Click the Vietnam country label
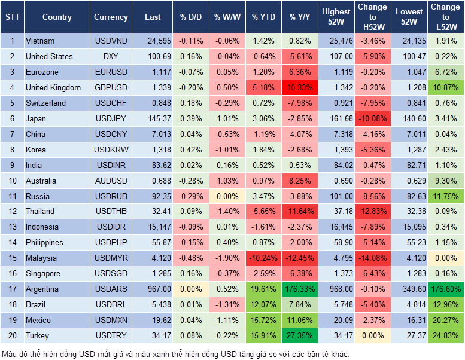tap(40, 41)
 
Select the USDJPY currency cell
tap(111, 118)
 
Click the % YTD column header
tap(263, 17)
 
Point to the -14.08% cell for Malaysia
tap(372, 258)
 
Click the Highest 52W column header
tap(336, 17)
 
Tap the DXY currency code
tap(111, 56)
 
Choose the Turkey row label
tap(37, 335)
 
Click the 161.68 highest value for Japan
tap(336, 118)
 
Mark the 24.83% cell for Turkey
tap(446, 335)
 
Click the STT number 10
tap(11, 180)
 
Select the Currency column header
tap(111, 17)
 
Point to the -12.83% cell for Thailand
tap(372, 211)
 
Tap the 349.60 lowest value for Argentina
tap(409, 289)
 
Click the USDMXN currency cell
tap(111, 320)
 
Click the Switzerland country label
tap(45, 103)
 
